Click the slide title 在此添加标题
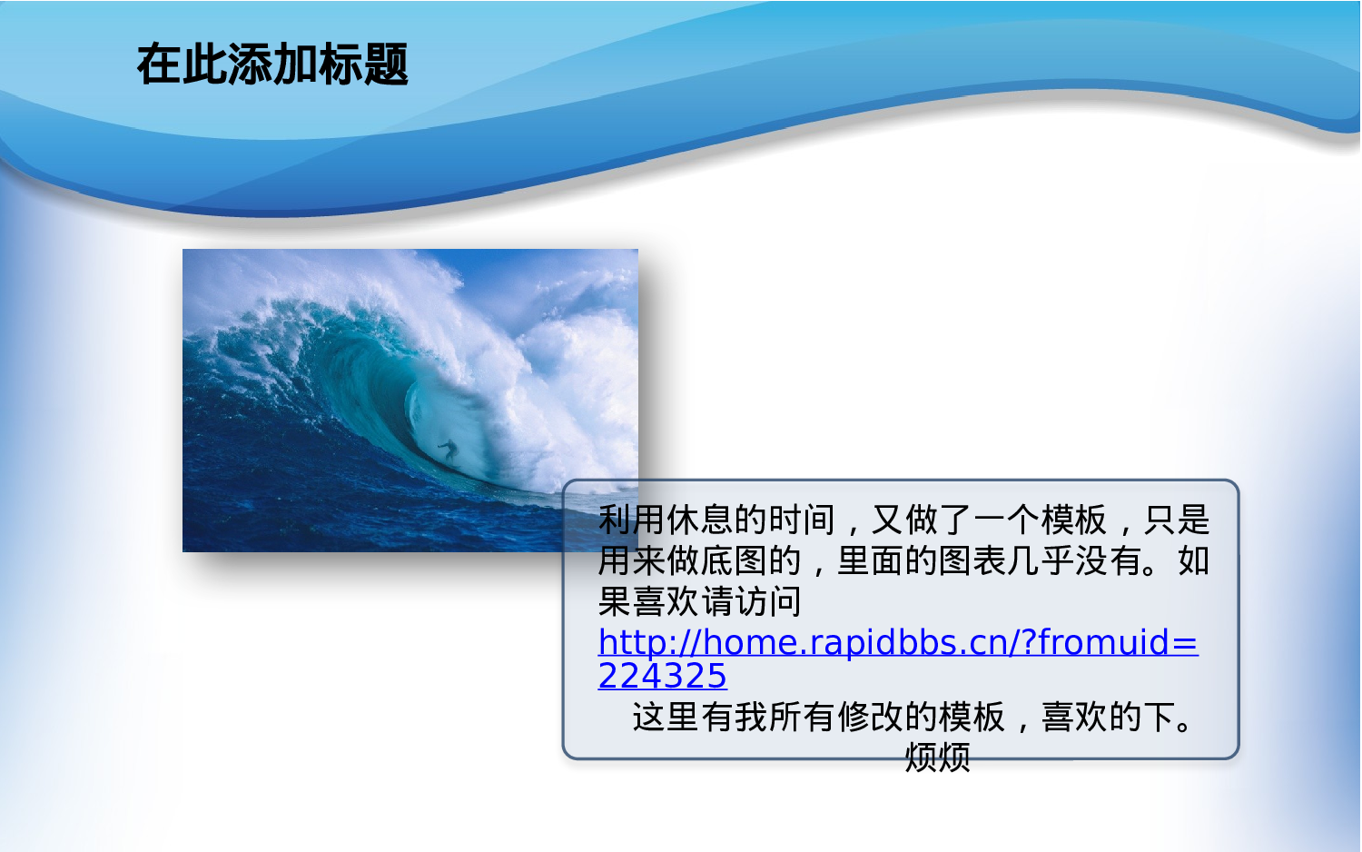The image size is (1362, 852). (x=272, y=64)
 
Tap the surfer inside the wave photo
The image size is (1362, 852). (x=449, y=451)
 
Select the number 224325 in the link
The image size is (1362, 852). (x=662, y=676)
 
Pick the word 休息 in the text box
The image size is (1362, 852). (x=700, y=520)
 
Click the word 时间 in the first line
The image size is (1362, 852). (x=802, y=520)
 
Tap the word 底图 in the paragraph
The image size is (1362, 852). (x=734, y=560)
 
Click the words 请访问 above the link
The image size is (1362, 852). (x=752, y=601)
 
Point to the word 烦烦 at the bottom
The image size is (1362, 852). (x=938, y=758)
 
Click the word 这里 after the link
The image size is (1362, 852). (x=666, y=717)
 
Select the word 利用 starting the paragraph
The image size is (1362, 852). (x=632, y=520)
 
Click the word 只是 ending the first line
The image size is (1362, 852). (x=1177, y=520)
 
